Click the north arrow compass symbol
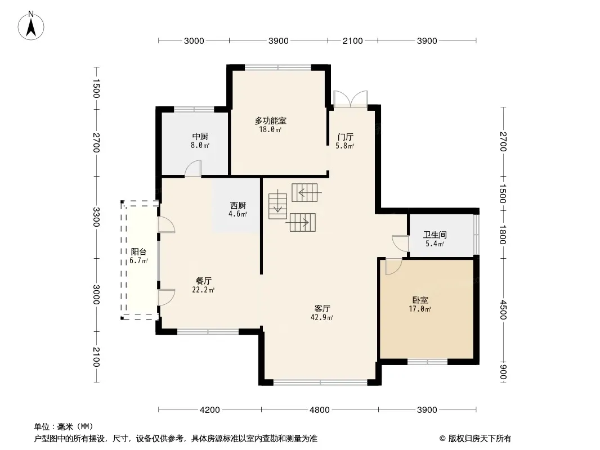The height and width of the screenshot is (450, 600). (x=31, y=26)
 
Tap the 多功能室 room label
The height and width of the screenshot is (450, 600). (x=271, y=121)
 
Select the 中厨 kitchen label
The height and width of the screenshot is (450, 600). (x=200, y=137)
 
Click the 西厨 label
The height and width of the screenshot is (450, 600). (x=238, y=205)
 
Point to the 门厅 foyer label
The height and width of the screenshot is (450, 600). (x=345, y=137)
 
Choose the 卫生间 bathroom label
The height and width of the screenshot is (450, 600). (x=435, y=235)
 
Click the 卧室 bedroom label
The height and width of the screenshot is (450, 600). (x=420, y=300)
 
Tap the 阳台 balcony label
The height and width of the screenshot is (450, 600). (x=138, y=251)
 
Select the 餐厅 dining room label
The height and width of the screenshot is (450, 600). (x=204, y=281)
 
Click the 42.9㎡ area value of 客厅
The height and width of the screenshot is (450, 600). (x=322, y=317)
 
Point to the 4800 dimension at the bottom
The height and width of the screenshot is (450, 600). (x=320, y=410)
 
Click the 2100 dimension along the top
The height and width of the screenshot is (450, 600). (x=352, y=41)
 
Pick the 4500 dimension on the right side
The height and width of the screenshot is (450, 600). (x=503, y=310)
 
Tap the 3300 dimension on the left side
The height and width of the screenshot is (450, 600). (x=96, y=217)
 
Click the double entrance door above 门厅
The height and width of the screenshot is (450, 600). (x=351, y=99)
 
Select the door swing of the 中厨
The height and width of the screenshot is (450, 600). (x=193, y=169)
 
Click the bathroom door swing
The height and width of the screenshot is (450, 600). (x=400, y=243)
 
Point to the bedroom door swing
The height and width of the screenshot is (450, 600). (x=393, y=267)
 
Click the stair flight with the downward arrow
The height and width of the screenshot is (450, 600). (x=278, y=206)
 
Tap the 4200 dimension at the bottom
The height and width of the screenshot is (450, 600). (x=210, y=410)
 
